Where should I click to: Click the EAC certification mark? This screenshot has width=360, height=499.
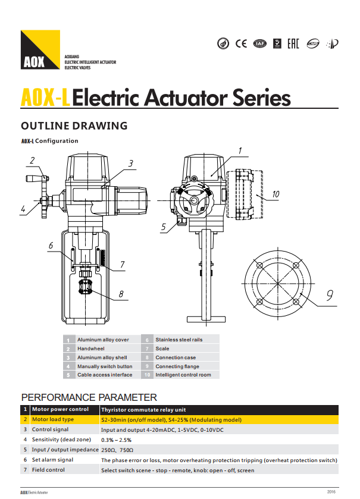(x=293, y=43)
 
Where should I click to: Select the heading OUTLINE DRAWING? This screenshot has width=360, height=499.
(x=74, y=126)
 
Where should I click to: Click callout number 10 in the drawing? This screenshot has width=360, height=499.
(x=276, y=194)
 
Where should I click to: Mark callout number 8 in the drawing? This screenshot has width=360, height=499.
(x=121, y=293)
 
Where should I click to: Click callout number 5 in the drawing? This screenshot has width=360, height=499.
(x=163, y=227)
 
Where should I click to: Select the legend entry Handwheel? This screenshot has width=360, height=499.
(x=91, y=349)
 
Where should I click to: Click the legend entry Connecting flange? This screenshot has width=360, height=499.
(x=177, y=366)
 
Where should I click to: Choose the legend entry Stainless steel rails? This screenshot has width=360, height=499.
(x=179, y=340)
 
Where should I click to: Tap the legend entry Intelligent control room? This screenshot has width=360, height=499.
(x=183, y=375)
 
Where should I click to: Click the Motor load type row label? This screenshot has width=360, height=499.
(x=53, y=419)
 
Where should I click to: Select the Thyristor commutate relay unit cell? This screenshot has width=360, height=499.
(x=143, y=409)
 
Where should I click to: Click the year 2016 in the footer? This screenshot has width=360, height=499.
(x=331, y=492)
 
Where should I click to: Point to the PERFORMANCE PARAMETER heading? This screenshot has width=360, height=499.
(x=89, y=397)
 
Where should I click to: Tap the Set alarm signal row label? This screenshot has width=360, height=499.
(x=52, y=460)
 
